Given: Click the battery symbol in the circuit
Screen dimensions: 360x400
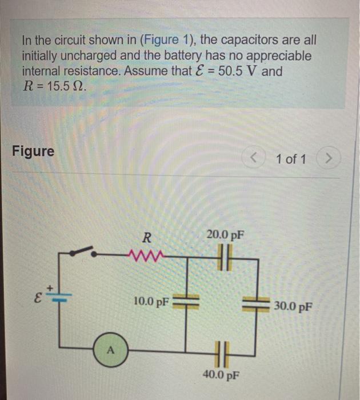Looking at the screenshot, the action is [x=63, y=296].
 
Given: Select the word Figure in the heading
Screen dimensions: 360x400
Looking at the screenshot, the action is [x=33, y=151].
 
